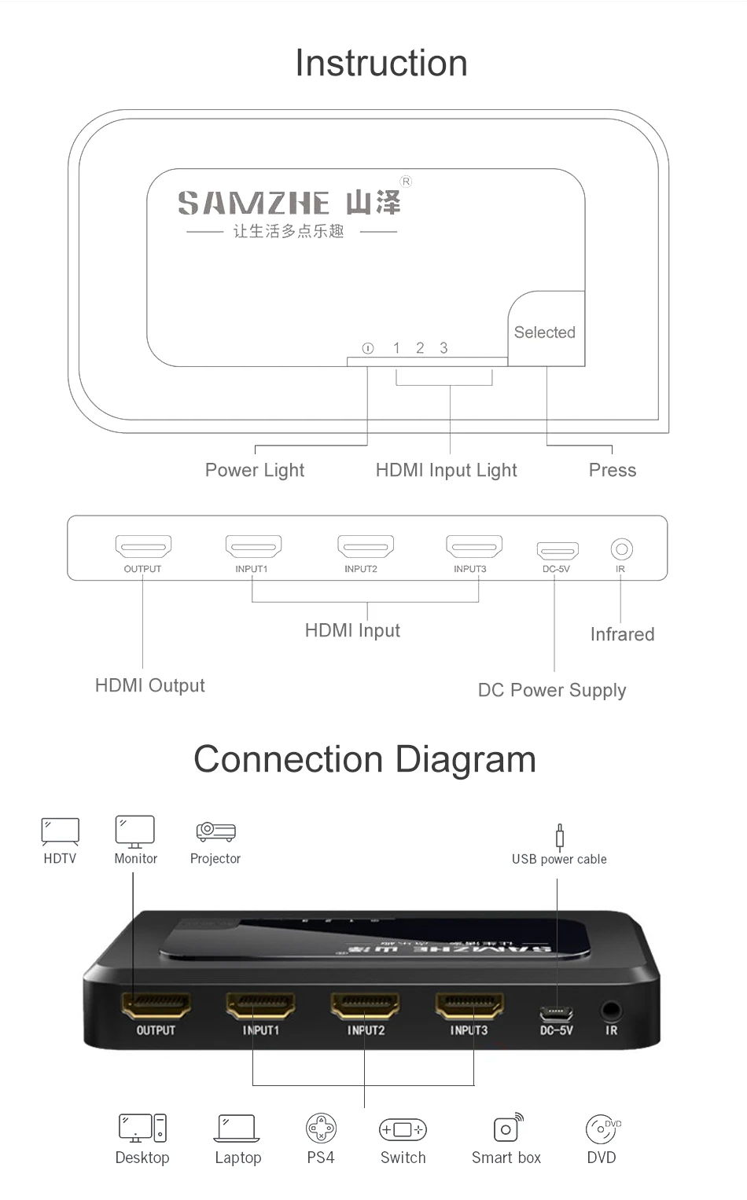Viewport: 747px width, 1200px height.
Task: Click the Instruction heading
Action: click(381, 63)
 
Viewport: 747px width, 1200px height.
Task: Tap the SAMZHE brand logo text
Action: click(253, 204)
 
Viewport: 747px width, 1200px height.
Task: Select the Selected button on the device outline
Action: click(545, 332)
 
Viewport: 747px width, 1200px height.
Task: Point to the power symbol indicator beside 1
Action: click(367, 348)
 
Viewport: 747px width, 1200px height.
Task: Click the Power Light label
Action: click(254, 470)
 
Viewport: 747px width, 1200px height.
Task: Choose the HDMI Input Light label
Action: click(446, 470)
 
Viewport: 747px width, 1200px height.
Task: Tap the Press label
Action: click(612, 470)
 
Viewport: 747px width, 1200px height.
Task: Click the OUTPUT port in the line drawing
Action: click(143, 545)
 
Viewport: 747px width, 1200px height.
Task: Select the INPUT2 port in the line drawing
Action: click(365, 545)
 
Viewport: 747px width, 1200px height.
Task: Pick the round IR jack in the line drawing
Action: click(621, 548)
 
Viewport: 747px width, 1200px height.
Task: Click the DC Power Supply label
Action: click(552, 690)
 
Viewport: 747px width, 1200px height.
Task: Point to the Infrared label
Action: click(622, 634)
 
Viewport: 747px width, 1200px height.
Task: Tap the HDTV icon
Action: click(60, 831)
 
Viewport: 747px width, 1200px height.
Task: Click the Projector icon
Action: click(215, 831)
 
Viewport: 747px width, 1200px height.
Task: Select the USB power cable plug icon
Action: click(559, 837)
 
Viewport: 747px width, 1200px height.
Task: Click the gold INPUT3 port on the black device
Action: click(469, 1005)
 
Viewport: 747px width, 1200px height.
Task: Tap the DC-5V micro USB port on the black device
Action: click(556, 1012)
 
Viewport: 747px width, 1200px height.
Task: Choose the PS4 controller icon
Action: click(321, 1129)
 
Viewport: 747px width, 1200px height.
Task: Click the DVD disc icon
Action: click(602, 1129)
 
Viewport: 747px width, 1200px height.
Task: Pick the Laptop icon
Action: click(237, 1128)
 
